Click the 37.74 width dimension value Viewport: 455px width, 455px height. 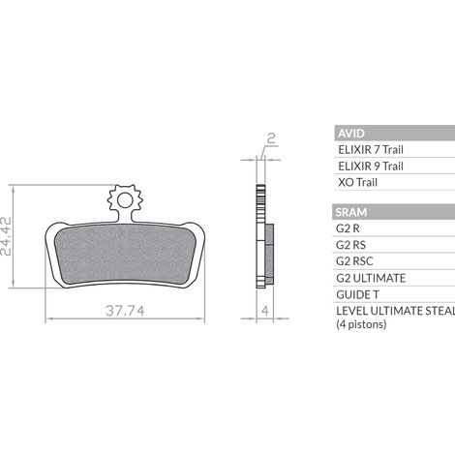pyautogui.click(x=125, y=311)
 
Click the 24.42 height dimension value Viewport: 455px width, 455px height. pyautogui.click(x=6, y=236)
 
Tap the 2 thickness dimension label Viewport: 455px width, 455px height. pyautogui.click(x=272, y=138)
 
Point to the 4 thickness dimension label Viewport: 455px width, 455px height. pyautogui.click(x=265, y=311)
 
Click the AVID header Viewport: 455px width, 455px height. pyautogui.click(x=351, y=134)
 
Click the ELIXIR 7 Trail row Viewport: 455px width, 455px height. pyautogui.click(x=371, y=150)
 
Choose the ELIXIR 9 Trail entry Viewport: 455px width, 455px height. pyautogui.click(x=371, y=167)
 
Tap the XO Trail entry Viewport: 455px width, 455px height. pyautogui.click(x=357, y=182)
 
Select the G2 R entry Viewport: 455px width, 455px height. pyautogui.click(x=348, y=228)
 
